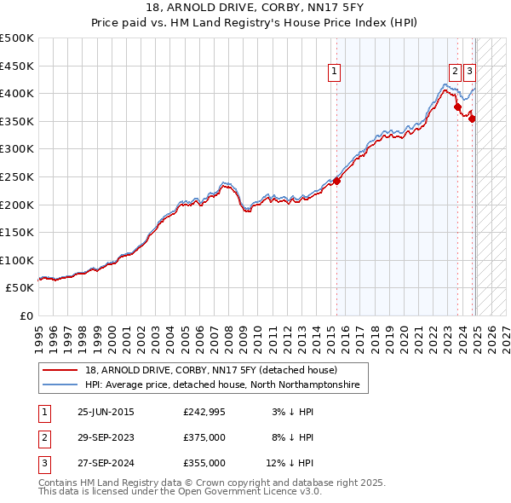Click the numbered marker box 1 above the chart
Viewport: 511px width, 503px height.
(335, 72)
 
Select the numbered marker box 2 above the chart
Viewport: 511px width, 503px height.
(456, 72)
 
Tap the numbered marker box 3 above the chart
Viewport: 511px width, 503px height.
(470, 72)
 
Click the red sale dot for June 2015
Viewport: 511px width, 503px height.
(336, 181)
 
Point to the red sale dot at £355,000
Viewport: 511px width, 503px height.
(472, 119)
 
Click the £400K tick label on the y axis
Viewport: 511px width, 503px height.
(17, 93)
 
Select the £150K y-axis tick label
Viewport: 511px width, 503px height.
(17, 232)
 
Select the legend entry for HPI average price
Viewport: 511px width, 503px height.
(222, 385)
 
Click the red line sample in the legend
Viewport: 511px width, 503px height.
(61, 370)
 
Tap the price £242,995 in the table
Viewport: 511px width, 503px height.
(204, 413)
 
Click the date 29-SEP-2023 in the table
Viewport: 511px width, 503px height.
(106, 438)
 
